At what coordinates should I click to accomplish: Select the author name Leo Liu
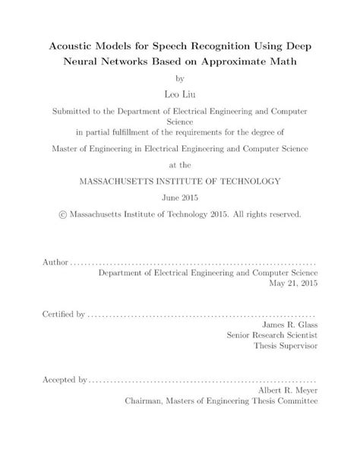coord(179,93)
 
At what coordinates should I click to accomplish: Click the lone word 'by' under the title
coord(180,78)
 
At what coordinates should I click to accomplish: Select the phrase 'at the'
coord(180,163)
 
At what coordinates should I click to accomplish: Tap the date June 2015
coord(180,198)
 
